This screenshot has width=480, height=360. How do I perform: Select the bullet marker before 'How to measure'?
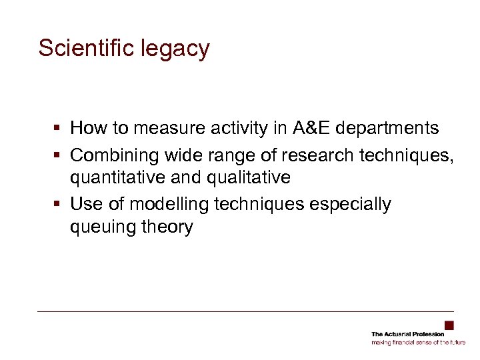tap(60, 127)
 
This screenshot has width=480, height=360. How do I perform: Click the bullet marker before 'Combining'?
tap(60, 155)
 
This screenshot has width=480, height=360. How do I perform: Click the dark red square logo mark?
tap(449, 325)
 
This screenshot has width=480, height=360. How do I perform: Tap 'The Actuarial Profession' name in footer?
tap(407, 334)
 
